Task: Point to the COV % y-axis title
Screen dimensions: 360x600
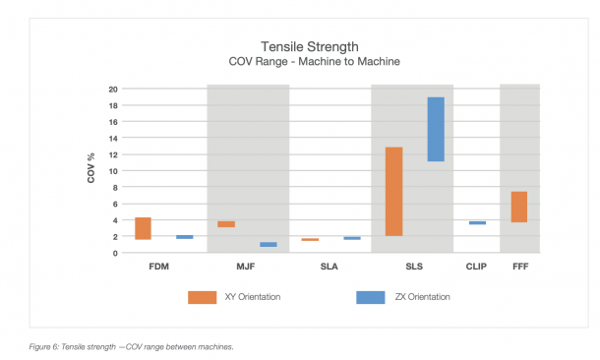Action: (x=91, y=169)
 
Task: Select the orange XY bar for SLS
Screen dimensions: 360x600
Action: (x=393, y=192)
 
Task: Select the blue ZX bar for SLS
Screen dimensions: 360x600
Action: (x=436, y=129)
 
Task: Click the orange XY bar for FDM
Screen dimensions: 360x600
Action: (x=143, y=228)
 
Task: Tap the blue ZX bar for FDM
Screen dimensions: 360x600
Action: (x=184, y=237)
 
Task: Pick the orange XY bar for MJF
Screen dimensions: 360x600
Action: (x=226, y=224)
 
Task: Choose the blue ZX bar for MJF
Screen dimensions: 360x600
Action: (x=269, y=244)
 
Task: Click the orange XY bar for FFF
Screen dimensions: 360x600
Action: (x=519, y=207)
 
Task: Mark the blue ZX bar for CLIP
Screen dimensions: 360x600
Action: (x=477, y=222)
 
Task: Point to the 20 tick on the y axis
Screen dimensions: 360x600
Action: (x=114, y=90)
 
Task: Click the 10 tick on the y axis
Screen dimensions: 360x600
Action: (x=114, y=171)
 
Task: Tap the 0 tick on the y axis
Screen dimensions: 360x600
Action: (x=116, y=253)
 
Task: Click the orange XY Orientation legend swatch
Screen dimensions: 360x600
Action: (x=202, y=296)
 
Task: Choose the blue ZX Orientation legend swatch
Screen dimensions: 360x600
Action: (x=371, y=296)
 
